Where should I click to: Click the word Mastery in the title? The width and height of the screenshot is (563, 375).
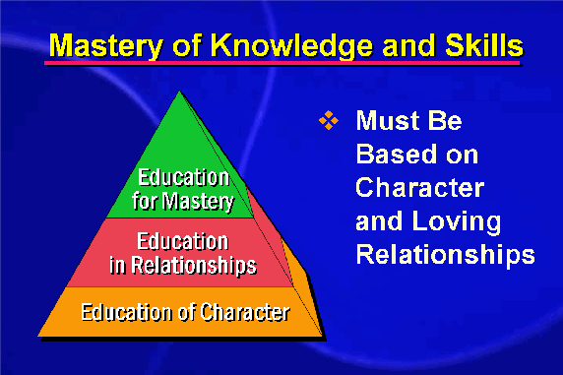(x=106, y=45)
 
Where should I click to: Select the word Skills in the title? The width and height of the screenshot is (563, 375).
(x=484, y=45)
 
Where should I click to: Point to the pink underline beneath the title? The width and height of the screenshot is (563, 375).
(x=282, y=63)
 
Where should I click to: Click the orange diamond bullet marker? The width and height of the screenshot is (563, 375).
(x=328, y=120)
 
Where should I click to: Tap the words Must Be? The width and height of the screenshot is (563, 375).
(x=409, y=120)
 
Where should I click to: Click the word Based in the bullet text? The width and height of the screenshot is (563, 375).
(x=397, y=155)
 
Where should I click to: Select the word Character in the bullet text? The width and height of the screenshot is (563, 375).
(x=420, y=187)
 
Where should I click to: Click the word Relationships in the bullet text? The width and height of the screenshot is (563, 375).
(x=446, y=255)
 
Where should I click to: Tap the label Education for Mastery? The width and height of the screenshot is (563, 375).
(x=183, y=189)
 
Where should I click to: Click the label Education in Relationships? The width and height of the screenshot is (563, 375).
(x=183, y=253)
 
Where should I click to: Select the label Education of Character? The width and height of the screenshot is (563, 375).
(x=185, y=312)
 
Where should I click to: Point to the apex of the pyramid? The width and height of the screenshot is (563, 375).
(x=179, y=91)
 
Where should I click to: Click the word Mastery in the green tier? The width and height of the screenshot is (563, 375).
(x=198, y=202)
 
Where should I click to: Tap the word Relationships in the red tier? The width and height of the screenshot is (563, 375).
(x=194, y=266)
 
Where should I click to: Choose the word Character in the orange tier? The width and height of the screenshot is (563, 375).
(x=245, y=312)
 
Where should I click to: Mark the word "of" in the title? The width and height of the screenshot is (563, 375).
(x=187, y=45)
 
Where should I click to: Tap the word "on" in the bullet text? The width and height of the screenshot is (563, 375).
(x=463, y=156)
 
